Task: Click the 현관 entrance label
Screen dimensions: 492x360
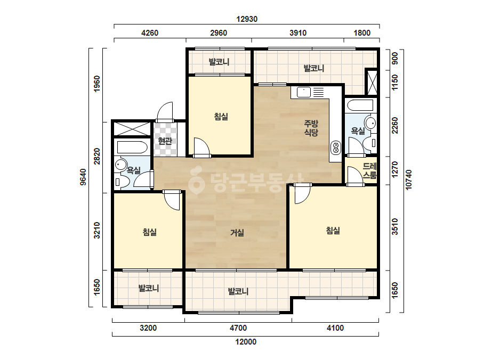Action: click(165, 141)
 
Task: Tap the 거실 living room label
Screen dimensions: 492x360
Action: click(237, 233)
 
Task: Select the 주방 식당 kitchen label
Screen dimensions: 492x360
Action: click(311, 128)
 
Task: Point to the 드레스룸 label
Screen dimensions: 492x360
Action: click(369, 171)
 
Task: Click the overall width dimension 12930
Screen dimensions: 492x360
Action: click(247, 19)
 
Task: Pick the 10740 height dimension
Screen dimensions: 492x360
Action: click(408, 179)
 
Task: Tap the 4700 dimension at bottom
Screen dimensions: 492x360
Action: click(238, 328)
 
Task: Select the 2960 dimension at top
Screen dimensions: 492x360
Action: click(219, 33)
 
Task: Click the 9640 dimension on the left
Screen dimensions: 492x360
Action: click(83, 177)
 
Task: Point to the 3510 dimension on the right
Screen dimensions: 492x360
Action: click(395, 227)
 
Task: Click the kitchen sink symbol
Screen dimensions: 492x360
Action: click(304, 93)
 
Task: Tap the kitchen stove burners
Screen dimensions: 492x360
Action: click(335, 148)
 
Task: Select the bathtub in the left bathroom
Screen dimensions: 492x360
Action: click(132, 148)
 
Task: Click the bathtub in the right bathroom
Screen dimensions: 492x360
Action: click(360, 105)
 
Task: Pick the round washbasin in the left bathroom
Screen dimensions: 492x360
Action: click(120, 165)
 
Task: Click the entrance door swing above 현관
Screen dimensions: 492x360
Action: click(165, 112)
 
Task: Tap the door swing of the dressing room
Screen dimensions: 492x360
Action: click(355, 176)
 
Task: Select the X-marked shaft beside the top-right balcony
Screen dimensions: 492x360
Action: click(372, 83)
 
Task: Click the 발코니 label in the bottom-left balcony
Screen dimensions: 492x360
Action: click(149, 288)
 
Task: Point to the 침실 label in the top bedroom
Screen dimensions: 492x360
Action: click(221, 117)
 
